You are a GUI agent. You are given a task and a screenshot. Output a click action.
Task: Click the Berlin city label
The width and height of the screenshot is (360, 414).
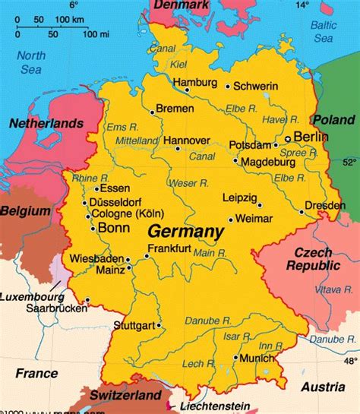pos(311,137)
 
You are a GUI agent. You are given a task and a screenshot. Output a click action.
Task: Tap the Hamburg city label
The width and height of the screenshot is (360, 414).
pos(194,81)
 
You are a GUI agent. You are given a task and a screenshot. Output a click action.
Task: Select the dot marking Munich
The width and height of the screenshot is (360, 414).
pos(236,356)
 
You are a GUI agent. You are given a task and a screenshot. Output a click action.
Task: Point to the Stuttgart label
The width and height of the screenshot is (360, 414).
pos(133,325)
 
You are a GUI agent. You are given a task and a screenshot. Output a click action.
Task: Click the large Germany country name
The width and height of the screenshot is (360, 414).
pos(185,231)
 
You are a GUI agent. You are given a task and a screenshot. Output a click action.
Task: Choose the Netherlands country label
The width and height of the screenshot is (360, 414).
pos(46,122)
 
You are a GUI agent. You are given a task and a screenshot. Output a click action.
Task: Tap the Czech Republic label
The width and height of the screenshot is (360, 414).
pos(315,258)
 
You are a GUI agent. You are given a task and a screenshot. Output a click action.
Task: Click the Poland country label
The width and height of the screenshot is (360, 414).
pos(334,119)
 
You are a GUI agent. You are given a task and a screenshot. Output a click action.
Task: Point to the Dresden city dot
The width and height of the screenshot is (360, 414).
pos(302,212)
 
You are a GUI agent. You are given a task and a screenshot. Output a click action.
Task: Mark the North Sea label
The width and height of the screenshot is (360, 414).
pos(31,62)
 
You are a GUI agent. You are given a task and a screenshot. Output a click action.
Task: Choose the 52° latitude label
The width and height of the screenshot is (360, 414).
pos(349,162)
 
